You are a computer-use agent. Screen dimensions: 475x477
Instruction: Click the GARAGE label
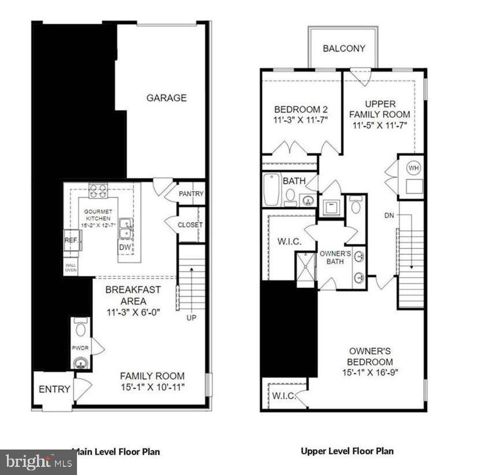(166, 98)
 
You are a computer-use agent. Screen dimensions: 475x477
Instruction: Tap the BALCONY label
(344, 49)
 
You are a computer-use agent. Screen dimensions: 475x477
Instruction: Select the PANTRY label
(190, 193)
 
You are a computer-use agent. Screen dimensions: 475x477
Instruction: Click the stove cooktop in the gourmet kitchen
(98, 190)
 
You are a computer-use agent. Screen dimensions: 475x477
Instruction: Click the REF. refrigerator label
(71, 239)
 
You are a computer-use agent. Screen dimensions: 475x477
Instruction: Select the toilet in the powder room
(80, 328)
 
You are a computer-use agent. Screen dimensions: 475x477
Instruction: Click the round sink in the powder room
(80, 363)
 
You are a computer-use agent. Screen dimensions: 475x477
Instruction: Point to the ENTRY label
(54, 390)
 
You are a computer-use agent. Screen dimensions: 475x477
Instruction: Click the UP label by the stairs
(190, 318)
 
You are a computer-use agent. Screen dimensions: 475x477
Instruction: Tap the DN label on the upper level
(390, 215)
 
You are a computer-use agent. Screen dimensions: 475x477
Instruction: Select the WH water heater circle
(413, 169)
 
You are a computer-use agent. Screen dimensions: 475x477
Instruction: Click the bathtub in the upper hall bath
(271, 190)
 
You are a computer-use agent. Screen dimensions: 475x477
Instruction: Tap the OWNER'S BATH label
(335, 257)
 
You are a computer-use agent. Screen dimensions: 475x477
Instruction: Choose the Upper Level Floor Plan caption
(347, 451)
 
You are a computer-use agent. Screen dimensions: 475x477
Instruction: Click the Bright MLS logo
(38, 462)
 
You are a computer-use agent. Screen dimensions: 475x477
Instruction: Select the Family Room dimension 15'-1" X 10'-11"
(152, 387)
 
